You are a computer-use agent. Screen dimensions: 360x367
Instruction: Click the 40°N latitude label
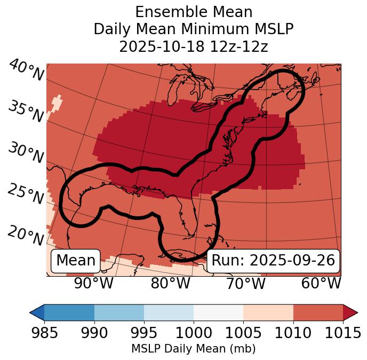(x=26, y=71)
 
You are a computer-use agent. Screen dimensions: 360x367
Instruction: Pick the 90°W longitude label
(x=94, y=283)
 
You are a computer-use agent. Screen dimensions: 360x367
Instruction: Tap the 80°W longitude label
(x=170, y=283)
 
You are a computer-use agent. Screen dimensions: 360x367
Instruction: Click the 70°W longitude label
(x=246, y=283)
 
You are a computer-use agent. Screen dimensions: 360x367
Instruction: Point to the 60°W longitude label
(x=321, y=283)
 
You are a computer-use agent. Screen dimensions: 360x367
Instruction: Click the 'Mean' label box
(x=76, y=261)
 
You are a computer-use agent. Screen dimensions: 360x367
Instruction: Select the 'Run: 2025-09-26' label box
(x=273, y=261)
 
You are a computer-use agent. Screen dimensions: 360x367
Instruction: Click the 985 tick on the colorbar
(x=45, y=333)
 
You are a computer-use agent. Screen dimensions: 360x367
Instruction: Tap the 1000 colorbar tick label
(x=194, y=333)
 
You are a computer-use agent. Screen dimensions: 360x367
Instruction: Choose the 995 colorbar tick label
(x=144, y=333)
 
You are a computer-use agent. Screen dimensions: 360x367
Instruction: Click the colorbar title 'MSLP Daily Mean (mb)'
(x=193, y=349)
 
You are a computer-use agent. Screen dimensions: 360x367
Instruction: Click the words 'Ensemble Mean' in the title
(x=194, y=12)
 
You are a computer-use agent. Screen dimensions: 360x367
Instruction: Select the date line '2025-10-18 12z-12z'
(x=194, y=47)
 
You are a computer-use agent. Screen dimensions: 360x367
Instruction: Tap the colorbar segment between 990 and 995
(x=119, y=312)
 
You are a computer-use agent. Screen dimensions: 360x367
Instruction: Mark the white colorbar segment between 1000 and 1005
(x=218, y=312)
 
